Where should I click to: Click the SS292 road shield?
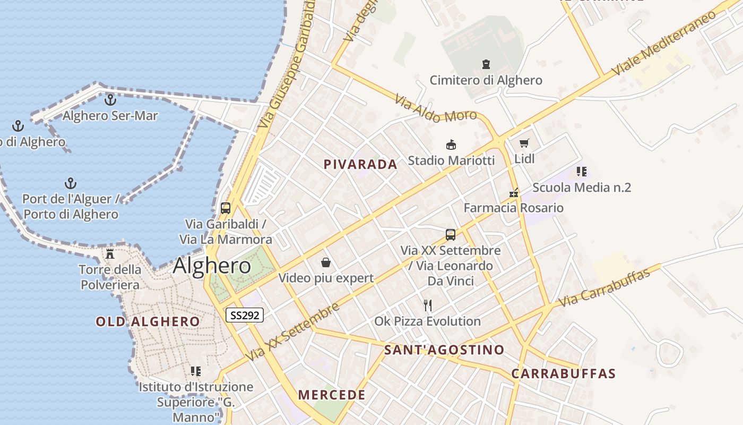245,315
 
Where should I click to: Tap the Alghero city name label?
212,266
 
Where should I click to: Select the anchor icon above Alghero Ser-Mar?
110,99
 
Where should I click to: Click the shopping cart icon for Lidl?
524,143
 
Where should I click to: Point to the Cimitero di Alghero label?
486,80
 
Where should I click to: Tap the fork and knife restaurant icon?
428,305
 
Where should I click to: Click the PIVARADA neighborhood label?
360,164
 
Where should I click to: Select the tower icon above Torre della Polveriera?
110,253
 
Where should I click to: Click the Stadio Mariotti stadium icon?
451,144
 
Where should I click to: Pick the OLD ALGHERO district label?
148,321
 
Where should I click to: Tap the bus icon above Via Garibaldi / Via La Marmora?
226,208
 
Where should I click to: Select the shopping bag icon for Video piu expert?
326,262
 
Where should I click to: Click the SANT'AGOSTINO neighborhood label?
444,350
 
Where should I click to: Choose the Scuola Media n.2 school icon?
582,172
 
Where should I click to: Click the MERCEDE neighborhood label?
332,395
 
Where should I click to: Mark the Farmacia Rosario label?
513,208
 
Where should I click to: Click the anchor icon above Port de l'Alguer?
71,183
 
